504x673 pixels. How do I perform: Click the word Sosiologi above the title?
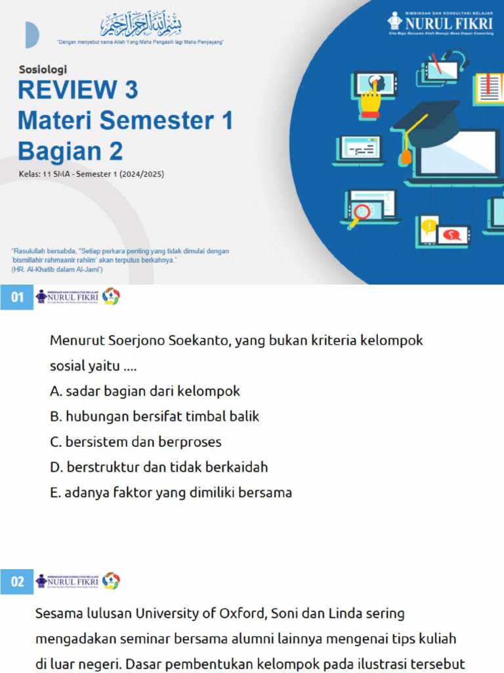coord(43,69)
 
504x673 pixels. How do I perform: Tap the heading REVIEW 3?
coord(78,90)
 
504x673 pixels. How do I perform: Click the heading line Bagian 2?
coord(70,151)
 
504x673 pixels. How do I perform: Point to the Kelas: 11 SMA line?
coord(91,175)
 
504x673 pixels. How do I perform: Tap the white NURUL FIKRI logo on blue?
coord(440,22)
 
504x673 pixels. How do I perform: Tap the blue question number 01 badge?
coord(16,297)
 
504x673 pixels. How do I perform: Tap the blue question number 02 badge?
coord(16,582)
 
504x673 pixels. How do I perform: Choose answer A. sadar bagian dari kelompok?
coord(145,391)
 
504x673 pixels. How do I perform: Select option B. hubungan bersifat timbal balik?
coord(155,416)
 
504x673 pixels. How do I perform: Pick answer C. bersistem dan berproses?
coord(136,442)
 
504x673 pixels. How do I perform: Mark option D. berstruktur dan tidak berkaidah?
coord(159,467)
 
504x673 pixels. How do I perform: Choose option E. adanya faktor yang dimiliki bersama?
coord(171,492)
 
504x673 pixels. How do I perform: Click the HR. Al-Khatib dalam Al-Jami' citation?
coord(56,270)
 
